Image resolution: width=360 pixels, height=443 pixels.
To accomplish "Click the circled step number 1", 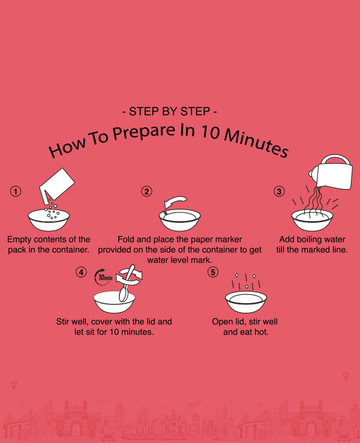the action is [x=16, y=191].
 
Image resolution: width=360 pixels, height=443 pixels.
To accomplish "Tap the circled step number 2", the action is [x=146, y=191].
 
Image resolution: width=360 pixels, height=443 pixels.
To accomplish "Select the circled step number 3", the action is [x=279, y=191].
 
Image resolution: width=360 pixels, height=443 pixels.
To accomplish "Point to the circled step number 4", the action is [x=81, y=272].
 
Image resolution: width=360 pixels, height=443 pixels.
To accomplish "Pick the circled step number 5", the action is [x=213, y=272].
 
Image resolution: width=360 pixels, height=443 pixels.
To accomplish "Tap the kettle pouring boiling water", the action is [x=332, y=172].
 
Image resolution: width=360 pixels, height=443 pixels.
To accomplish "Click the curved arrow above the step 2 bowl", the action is [x=176, y=202].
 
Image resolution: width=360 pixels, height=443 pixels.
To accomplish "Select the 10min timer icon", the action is [x=104, y=277].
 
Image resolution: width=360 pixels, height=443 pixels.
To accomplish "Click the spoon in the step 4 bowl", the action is [x=127, y=283].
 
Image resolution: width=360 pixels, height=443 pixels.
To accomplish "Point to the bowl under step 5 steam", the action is [x=246, y=301].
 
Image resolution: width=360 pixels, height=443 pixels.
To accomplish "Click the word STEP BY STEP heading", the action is [x=169, y=112].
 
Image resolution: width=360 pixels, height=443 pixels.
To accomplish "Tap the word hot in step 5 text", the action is [x=261, y=332].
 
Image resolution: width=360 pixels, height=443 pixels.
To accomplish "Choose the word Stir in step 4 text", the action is [x=62, y=322].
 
